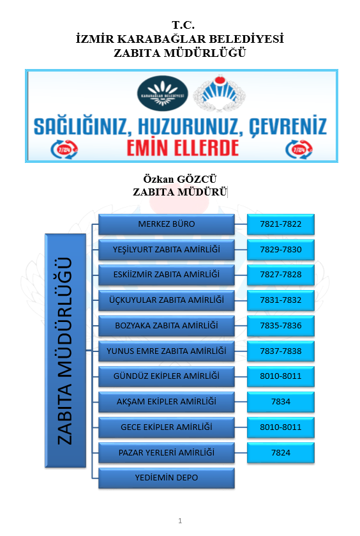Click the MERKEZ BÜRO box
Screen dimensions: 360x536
tap(167, 224)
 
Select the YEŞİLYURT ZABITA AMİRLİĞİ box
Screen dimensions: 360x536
tap(167, 250)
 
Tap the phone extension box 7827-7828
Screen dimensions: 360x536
tap(280, 275)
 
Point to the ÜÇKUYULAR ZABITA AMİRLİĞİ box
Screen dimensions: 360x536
tap(167, 300)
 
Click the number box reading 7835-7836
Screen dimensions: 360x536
tap(280, 325)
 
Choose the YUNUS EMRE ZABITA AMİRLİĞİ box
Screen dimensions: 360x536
tap(167, 351)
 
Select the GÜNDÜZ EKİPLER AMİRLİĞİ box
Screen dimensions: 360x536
tap(167, 376)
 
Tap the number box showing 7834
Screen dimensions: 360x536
tap(280, 402)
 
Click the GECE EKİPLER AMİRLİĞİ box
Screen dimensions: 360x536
tap(167, 427)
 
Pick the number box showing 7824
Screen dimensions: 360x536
tap(280, 452)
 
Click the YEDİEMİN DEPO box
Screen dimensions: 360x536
tap(167, 478)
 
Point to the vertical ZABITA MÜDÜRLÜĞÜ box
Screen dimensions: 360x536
tap(65, 350)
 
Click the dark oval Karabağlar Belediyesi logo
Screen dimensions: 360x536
tap(163, 93)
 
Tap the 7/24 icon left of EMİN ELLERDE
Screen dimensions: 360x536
tap(64, 149)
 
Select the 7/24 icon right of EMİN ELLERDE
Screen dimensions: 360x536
tap(299, 149)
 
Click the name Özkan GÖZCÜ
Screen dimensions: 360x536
tap(180, 179)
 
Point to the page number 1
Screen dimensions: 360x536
tap(180, 521)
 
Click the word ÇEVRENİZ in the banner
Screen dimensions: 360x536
tap(288, 126)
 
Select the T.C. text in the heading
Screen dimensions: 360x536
tap(183, 25)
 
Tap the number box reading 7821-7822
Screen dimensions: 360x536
tap(280, 224)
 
